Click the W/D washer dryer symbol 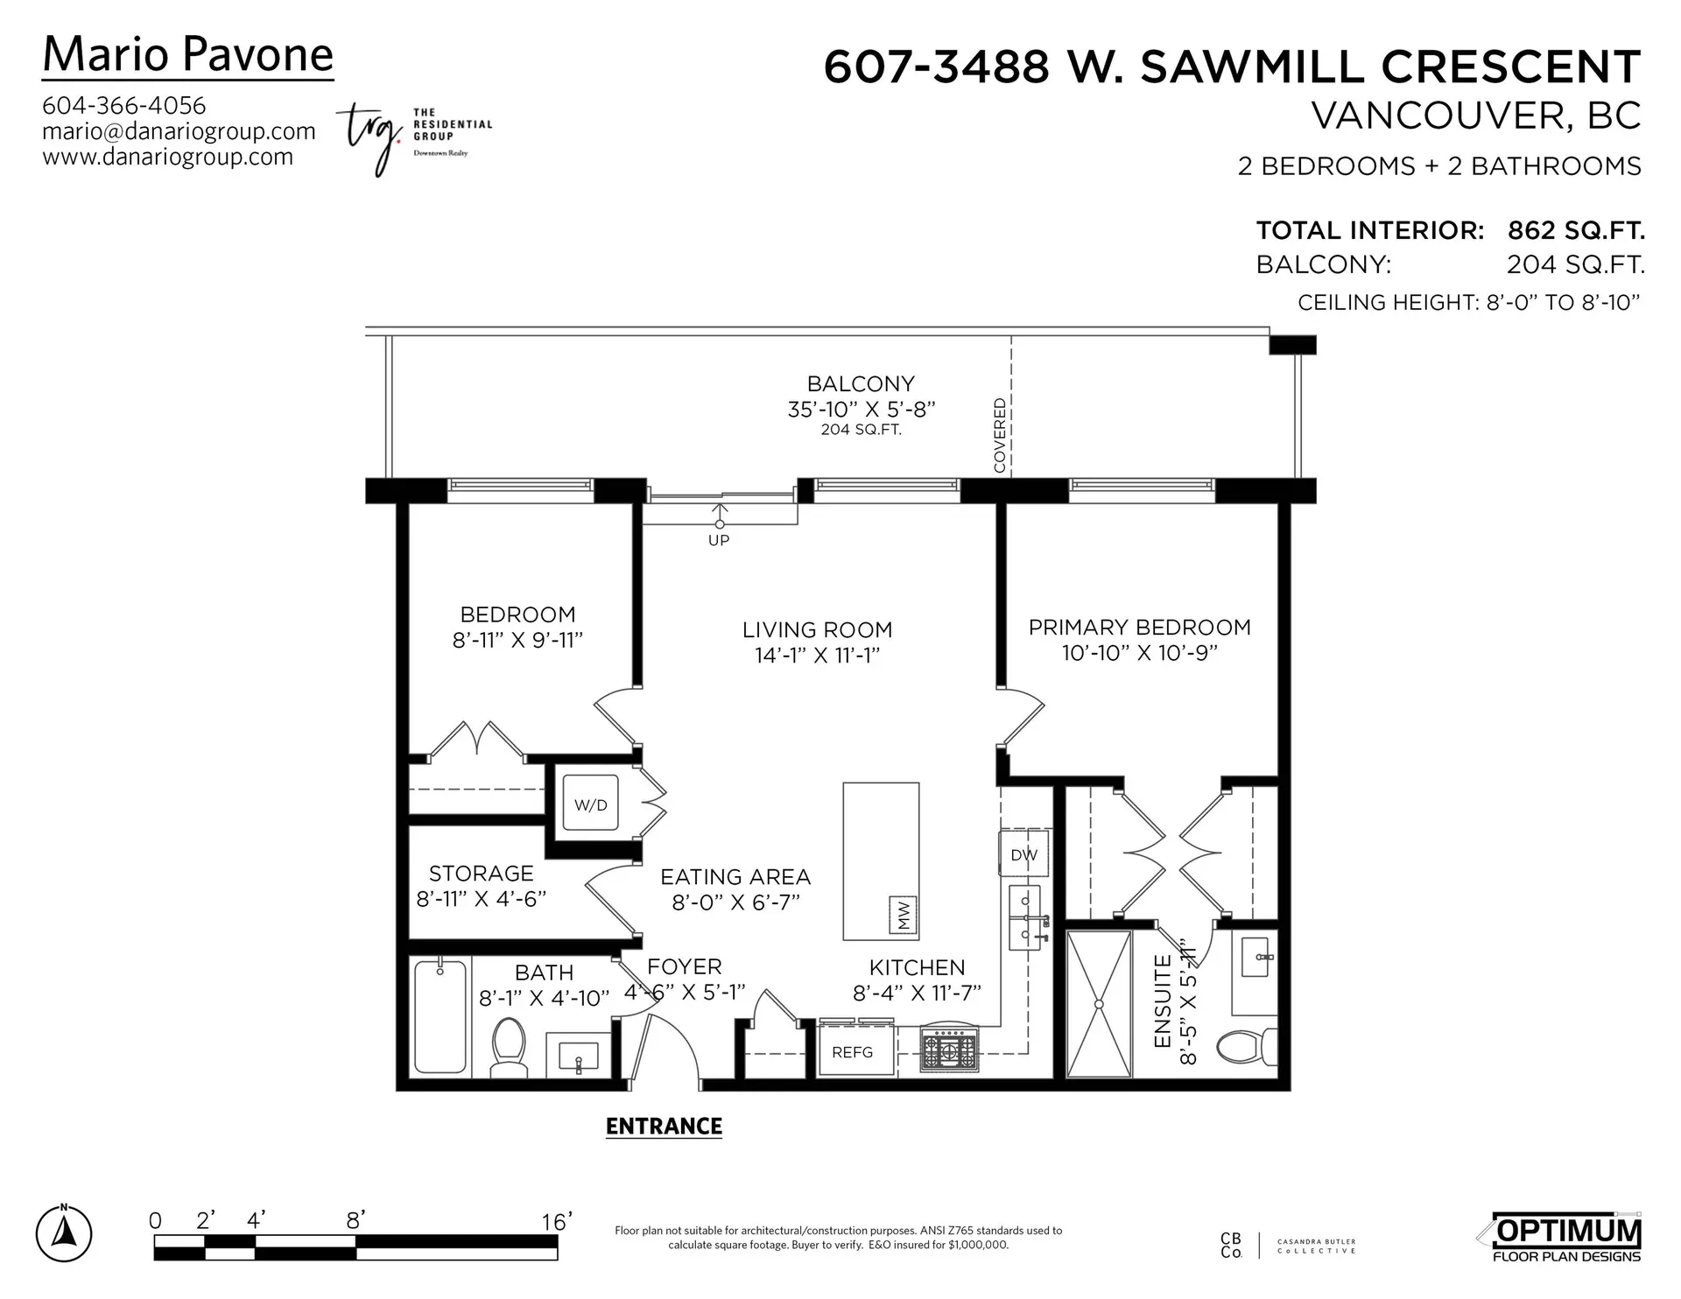point(590,804)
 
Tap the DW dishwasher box point(1023,854)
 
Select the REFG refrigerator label point(852,1052)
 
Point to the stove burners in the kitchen point(949,1050)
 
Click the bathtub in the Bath point(440,1017)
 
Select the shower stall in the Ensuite point(1099,1003)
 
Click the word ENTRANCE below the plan point(664,1127)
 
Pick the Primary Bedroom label point(1139,628)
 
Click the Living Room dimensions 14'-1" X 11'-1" point(817,656)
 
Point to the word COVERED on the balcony point(1000,435)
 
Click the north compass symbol point(64,1234)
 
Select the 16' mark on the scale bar point(556,1221)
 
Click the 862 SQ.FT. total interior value point(1575,231)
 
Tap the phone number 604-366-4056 point(124,106)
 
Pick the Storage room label point(481,874)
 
